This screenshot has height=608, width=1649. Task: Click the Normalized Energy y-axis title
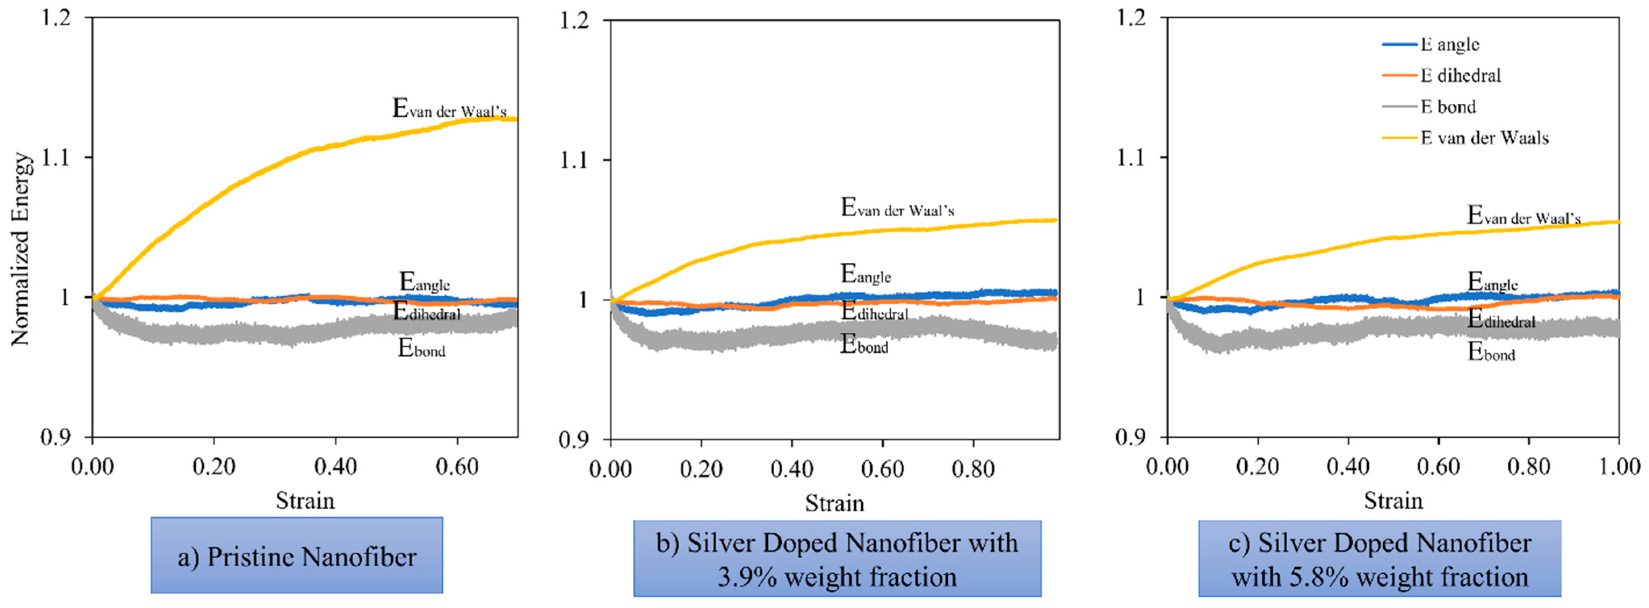click(21, 249)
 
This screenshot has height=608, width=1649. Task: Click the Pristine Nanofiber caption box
click(296, 556)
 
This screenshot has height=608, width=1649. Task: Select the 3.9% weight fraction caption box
click(837, 559)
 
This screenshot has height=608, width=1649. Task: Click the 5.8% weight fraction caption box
click(1380, 559)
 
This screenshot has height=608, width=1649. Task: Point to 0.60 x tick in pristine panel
click(457, 467)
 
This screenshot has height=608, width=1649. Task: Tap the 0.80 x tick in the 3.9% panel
click(973, 469)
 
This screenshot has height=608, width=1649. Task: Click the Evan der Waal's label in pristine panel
click(449, 109)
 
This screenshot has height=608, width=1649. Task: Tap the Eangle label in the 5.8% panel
click(1492, 282)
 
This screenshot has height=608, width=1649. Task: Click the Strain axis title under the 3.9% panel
click(834, 503)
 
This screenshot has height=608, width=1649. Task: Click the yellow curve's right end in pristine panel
click(515, 119)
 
